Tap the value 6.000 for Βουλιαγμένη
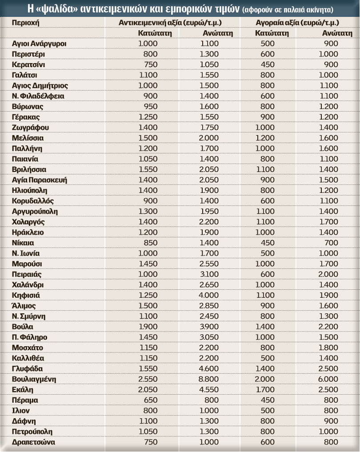point(328,379)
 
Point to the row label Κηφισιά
point(26,295)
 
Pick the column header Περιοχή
point(26,22)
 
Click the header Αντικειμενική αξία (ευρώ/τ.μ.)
point(171,22)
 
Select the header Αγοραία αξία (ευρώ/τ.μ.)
point(297,22)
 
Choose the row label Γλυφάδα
point(28,368)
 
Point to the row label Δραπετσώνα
point(34,442)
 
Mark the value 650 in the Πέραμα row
point(151,400)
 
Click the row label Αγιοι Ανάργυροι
point(40,44)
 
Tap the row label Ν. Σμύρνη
point(29,316)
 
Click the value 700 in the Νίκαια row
point(331,243)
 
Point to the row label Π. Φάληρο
point(29,337)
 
